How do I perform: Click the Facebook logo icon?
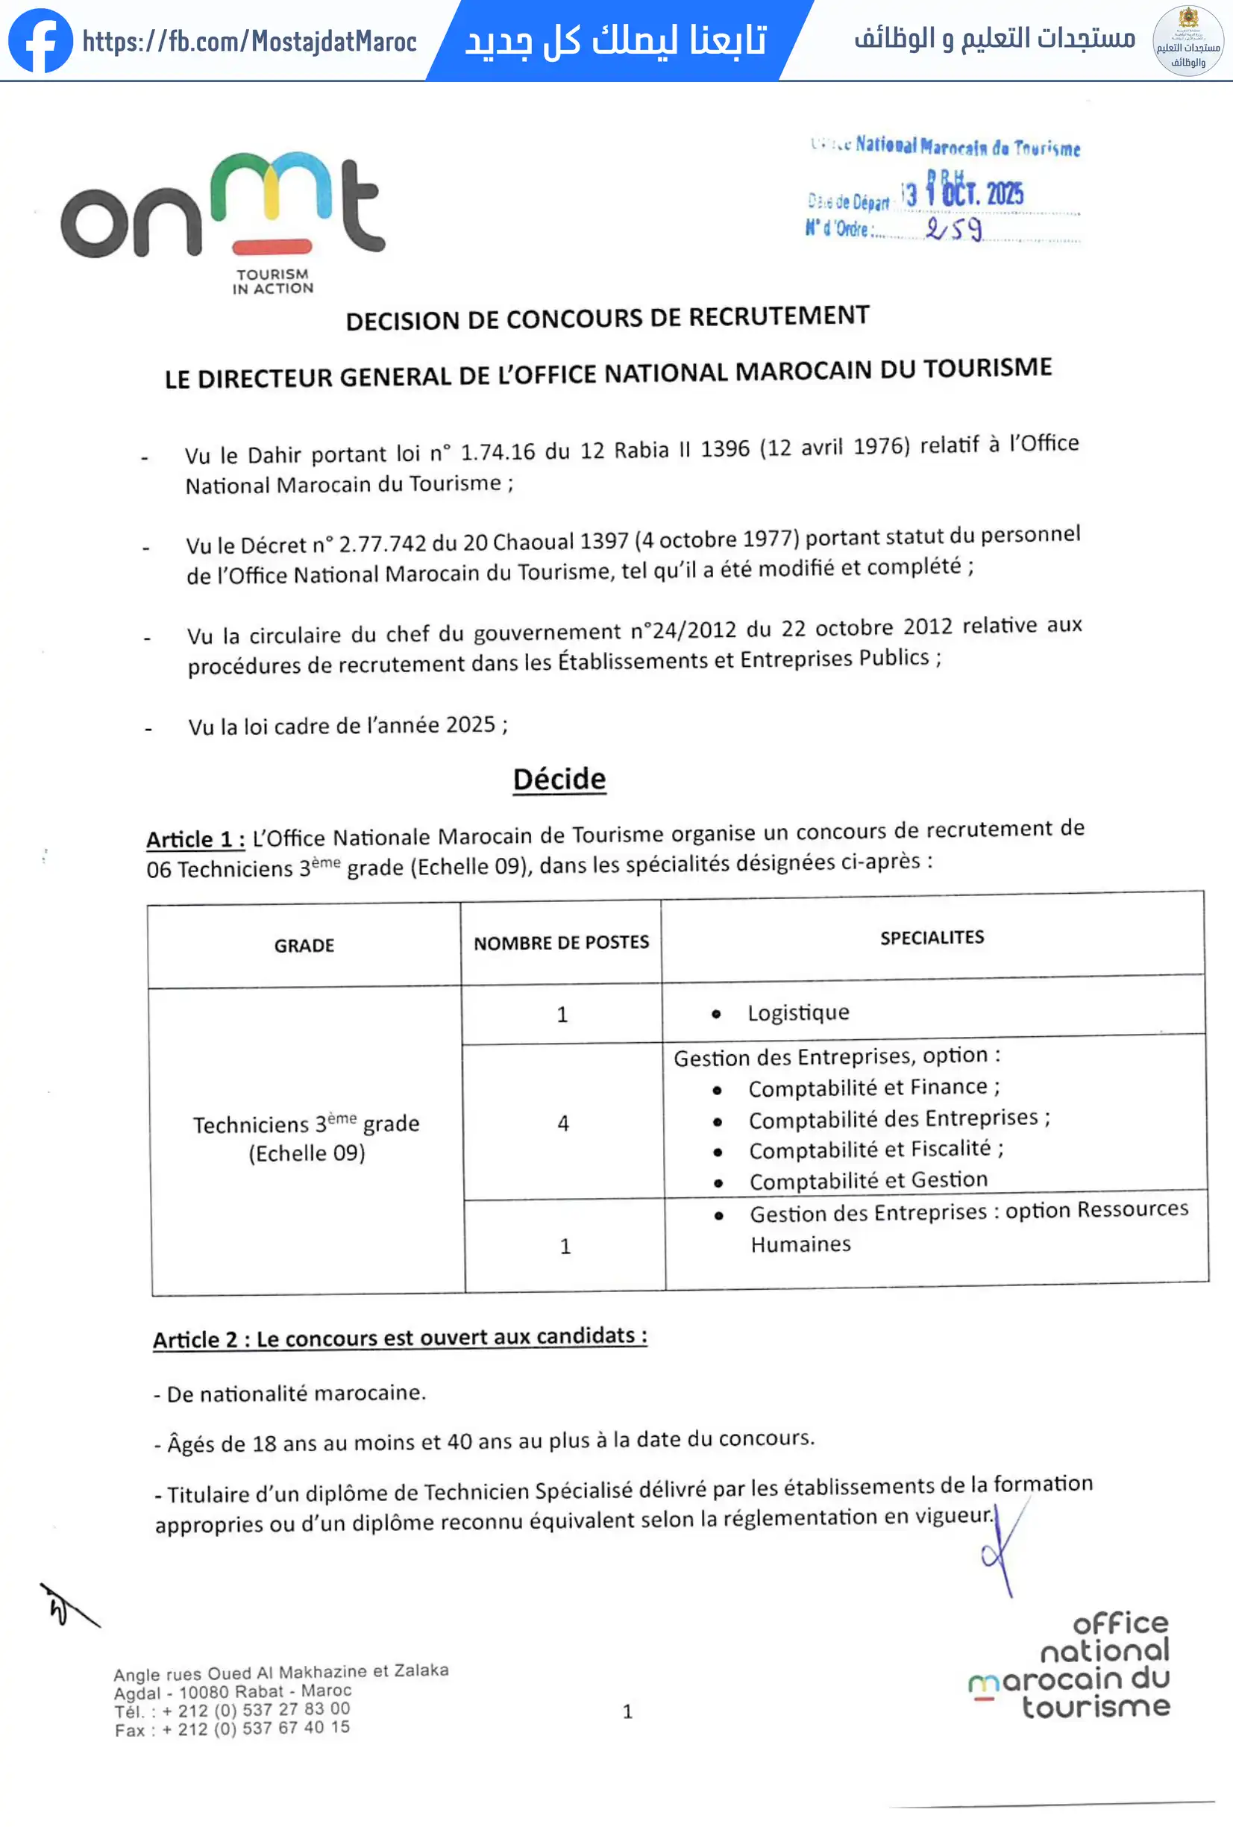(40, 40)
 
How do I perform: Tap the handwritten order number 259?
(954, 230)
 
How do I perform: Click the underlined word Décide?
(559, 778)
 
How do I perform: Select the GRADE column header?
(304, 945)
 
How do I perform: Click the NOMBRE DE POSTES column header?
(561, 941)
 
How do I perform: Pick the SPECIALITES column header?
(932, 937)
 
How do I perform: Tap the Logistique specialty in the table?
(797, 1012)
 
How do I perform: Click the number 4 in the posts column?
(562, 1123)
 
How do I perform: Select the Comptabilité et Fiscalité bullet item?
(875, 1150)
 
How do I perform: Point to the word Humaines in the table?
(800, 1244)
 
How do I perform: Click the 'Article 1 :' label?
(195, 839)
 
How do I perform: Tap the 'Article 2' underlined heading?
(399, 1337)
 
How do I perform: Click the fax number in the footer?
(233, 1729)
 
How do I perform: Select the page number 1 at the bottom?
(627, 1711)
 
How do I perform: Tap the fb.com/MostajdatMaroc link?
(250, 41)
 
